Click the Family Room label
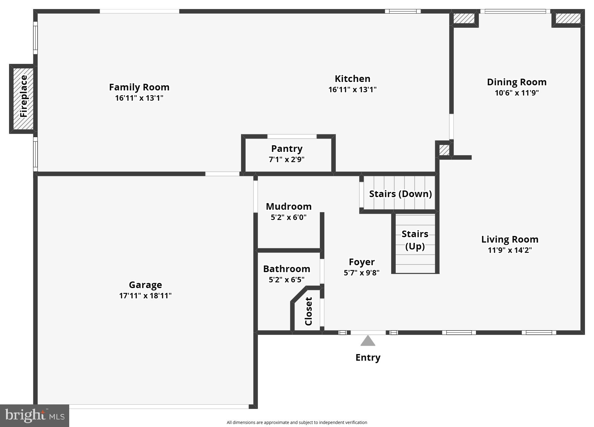click(139, 87)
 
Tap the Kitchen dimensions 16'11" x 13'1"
click(352, 90)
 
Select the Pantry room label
click(287, 149)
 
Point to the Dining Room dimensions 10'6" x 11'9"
click(517, 93)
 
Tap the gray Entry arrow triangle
click(368, 341)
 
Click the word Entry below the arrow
click(368, 357)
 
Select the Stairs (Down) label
click(400, 194)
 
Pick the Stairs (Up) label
click(415, 240)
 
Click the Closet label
click(308, 311)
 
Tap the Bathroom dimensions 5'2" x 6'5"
click(286, 280)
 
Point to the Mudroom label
click(289, 206)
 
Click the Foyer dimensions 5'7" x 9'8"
click(361, 273)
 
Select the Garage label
click(145, 285)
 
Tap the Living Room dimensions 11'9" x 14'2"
click(510, 250)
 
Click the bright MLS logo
click(35, 416)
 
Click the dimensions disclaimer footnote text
click(297, 422)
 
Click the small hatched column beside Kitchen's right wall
click(444, 150)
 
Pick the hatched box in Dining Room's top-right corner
click(568, 18)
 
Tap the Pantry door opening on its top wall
click(292, 137)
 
